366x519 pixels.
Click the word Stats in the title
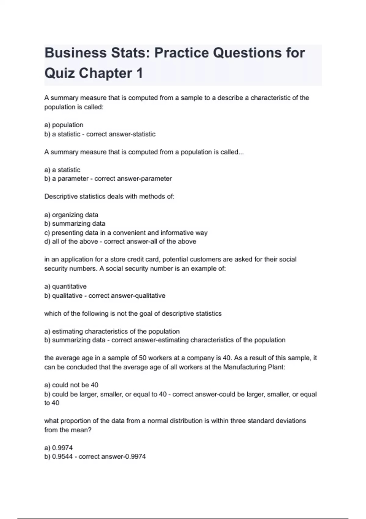point(127,53)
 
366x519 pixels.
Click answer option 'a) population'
point(64,125)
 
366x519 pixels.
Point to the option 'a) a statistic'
point(62,170)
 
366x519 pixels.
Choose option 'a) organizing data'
point(71,215)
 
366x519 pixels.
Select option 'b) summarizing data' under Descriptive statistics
point(75,223)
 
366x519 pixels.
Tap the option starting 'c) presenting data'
point(126,233)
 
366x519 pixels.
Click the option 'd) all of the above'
point(71,241)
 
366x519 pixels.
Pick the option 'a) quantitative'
point(65,286)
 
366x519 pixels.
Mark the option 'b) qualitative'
point(63,296)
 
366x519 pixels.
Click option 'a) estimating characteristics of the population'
point(112,331)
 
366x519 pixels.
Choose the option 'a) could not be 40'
point(71,385)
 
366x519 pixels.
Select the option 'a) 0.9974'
point(59,448)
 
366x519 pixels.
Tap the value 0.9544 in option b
point(63,457)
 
